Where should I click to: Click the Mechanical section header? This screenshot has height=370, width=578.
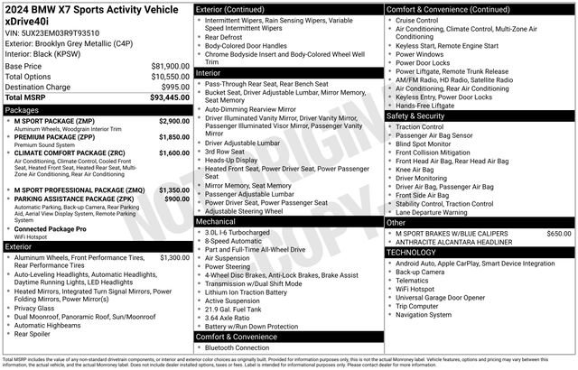coord(216,220)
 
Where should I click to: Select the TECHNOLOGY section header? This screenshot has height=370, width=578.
coord(415,252)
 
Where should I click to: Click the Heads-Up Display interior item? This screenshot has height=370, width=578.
coord(237,160)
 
